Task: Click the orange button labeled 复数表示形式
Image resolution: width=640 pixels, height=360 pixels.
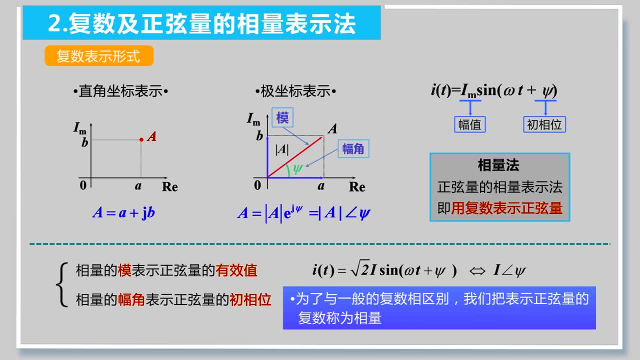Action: click(x=99, y=55)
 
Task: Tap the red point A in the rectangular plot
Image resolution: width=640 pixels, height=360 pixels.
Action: click(x=141, y=139)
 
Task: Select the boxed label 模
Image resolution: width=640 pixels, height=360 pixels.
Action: click(x=282, y=117)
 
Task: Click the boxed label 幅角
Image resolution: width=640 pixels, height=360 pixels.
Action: click(x=353, y=149)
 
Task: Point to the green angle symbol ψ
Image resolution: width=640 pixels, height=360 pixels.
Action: click(x=297, y=168)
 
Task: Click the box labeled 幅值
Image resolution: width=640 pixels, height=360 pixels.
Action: click(x=469, y=124)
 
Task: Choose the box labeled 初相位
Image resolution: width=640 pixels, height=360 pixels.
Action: click(x=544, y=124)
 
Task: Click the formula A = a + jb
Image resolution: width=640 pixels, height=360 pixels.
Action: click(x=123, y=213)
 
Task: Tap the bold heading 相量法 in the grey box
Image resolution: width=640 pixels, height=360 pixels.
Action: click(x=498, y=165)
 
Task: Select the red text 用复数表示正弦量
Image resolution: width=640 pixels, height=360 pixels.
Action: click(x=506, y=208)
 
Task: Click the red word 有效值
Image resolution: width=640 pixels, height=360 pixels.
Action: click(x=236, y=270)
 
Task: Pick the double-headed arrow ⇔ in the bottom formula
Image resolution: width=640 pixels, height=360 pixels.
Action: click(x=477, y=271)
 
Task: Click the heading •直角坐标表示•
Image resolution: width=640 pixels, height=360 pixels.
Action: click(x=120, y=91)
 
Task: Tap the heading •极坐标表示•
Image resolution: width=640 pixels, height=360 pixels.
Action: click(x=295, y=91)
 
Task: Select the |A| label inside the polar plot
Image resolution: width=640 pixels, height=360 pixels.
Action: click(x=282, y=149)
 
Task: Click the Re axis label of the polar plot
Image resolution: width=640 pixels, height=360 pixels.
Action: click(x=357, y=187)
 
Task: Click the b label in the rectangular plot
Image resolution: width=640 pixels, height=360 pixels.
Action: click(x=84, y=142)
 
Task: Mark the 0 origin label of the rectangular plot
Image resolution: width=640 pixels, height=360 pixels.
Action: click(x=83, y=185)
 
